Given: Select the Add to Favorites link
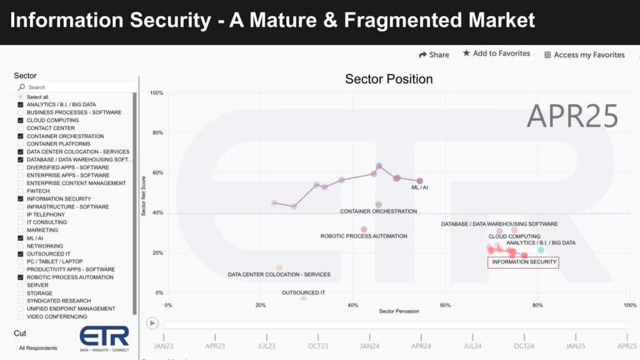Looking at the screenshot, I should click(496, 54).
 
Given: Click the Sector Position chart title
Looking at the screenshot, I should click(389, 79).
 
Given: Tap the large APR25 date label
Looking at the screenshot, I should click(572, 116).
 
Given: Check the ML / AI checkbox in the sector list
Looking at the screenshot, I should click(21, 238).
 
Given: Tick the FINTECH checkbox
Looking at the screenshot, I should click(21, 191).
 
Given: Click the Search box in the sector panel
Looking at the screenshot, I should click(75, 87).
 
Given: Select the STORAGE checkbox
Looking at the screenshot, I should click(21, 293).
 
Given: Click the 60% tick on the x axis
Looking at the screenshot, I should click(445, 305).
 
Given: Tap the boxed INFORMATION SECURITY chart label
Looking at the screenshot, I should click(524, 262).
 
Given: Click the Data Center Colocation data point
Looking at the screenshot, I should click(279, 268).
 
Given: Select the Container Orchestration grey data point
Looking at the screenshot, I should click(378, 205).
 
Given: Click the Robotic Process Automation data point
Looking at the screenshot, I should click(364, 229).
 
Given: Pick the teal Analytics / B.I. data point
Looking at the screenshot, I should click(541, 250).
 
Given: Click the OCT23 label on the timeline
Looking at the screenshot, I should click(318, 346).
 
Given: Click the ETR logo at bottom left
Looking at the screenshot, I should click(104, 337).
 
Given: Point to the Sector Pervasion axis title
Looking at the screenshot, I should click(399, 311).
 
